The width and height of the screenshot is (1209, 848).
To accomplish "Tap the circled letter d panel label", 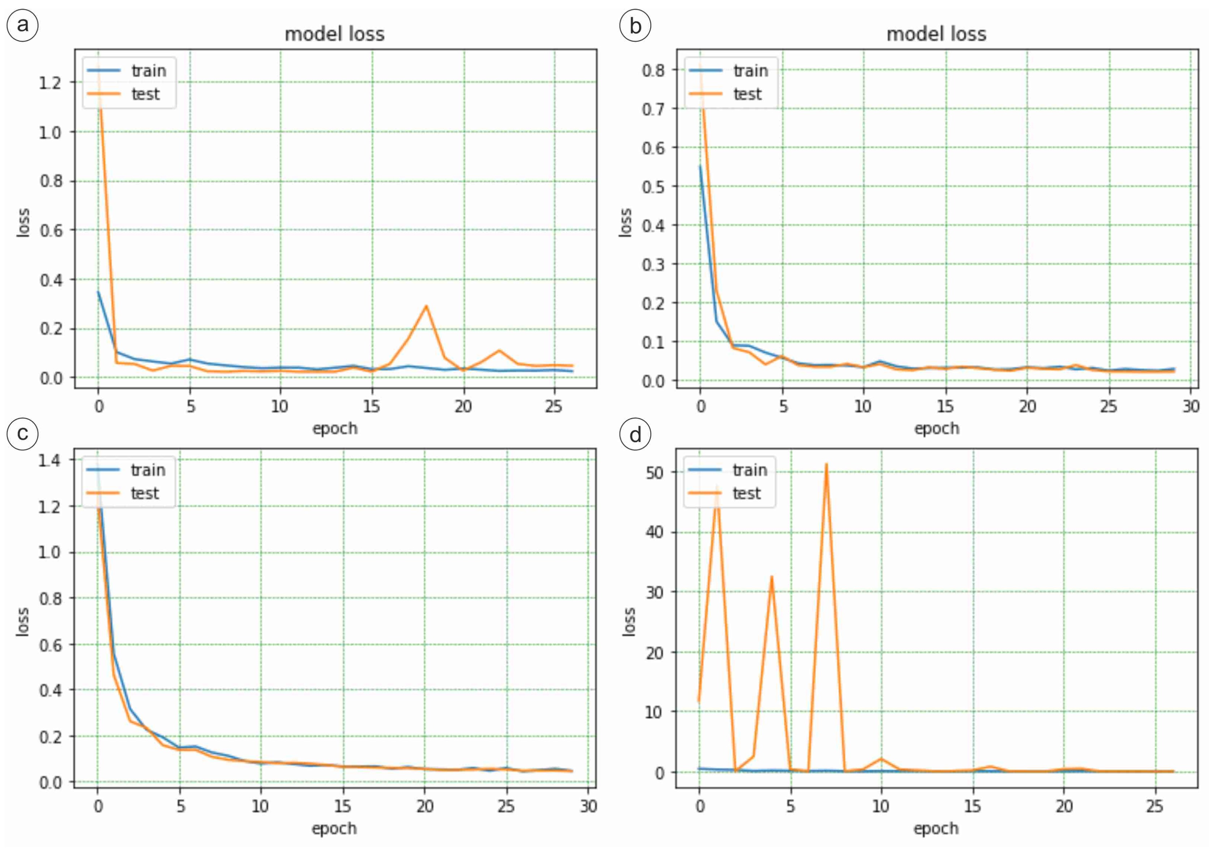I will (635, 434).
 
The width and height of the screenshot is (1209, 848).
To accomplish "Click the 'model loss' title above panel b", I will (936, 34).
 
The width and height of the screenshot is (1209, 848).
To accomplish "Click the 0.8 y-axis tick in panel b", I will (652, 70).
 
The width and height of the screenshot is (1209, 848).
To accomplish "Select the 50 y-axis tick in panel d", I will (655, 472).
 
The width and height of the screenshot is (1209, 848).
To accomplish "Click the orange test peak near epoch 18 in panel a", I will (426, 306).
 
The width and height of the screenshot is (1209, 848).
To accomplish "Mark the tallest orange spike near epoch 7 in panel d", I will (826, 464).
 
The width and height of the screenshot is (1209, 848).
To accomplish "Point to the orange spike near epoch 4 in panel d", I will (771, 576).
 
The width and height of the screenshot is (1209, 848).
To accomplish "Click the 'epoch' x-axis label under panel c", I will (335, 828).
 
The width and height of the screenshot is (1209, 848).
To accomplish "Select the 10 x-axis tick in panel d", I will (880, 806).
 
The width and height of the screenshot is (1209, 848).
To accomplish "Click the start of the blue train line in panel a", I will (98, 292).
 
